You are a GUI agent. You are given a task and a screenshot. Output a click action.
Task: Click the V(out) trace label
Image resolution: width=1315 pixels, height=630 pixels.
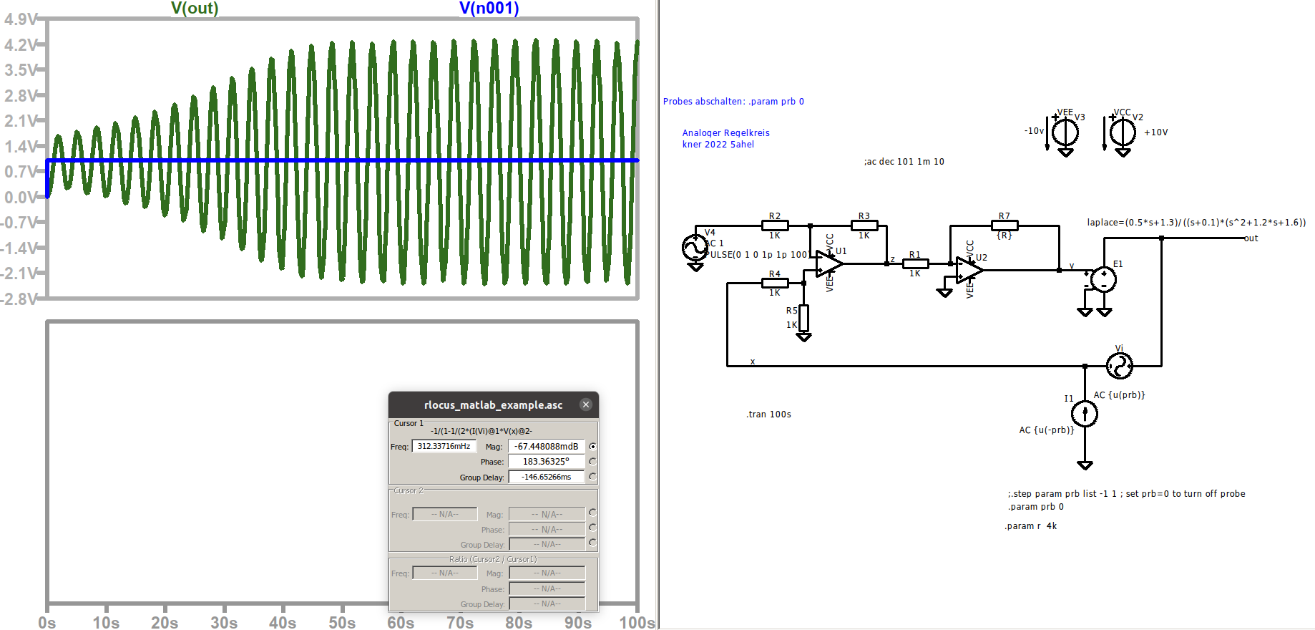point(195,9)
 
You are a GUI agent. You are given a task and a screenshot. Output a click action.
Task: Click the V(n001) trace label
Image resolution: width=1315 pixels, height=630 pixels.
point(489,9)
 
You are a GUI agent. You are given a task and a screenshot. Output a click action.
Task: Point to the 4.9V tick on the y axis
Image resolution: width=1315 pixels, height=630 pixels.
point(20,19)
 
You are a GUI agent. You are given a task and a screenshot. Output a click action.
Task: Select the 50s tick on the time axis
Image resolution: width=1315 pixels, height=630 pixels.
point(342,622)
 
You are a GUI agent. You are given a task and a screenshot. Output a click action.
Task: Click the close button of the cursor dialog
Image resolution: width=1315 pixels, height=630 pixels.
point(586,404)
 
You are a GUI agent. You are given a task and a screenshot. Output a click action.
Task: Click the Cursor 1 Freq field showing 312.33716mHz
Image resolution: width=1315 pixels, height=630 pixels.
point(444,446)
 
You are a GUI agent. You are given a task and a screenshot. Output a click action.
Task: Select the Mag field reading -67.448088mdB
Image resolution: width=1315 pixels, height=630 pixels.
point(546,446)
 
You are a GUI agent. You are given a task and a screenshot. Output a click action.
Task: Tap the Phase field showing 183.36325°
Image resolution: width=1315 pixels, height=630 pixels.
point(546,462)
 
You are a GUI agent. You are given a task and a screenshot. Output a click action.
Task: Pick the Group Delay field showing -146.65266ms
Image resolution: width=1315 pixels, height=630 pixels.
point(546,477)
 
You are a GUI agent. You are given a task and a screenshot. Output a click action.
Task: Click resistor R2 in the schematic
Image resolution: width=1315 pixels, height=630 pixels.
point(775,226)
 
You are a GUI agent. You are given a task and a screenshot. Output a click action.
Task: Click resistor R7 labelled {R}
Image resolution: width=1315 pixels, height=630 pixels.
point(1004,226)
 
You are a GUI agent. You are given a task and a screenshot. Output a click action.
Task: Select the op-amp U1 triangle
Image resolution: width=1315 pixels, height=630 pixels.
point(828,263)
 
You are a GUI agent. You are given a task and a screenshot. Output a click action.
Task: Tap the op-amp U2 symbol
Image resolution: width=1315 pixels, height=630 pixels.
point(969,270)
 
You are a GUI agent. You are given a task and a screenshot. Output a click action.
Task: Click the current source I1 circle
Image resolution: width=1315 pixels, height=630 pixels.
point(1085,413)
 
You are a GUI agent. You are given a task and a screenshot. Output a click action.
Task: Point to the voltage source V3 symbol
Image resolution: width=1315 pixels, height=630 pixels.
point(1065,132)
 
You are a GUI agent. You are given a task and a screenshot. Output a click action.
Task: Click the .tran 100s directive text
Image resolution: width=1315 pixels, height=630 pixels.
point(769,415)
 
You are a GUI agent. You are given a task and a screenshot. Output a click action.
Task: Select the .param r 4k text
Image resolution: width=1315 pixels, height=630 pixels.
point(1031,526)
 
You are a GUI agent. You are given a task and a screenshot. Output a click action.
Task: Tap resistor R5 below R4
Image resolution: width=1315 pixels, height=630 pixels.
point(803,318)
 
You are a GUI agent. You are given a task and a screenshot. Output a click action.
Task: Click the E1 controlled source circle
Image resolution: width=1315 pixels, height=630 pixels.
point(1104,279)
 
